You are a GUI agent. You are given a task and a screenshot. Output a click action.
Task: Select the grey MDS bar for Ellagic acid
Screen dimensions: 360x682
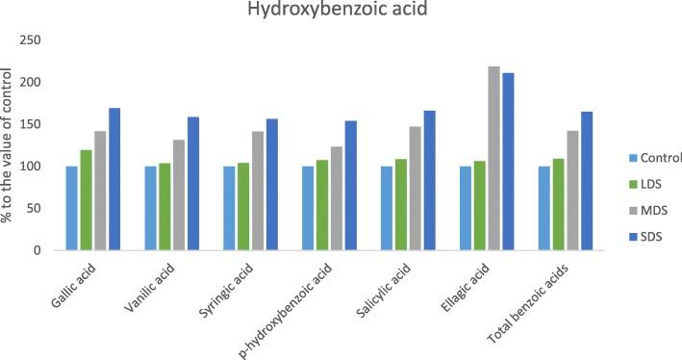tap(493, 159)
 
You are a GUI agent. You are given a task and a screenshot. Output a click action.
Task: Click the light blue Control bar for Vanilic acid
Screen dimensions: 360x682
tap(150, 208)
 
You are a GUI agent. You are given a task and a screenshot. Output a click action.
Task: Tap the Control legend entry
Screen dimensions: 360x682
tap(655, 158)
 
